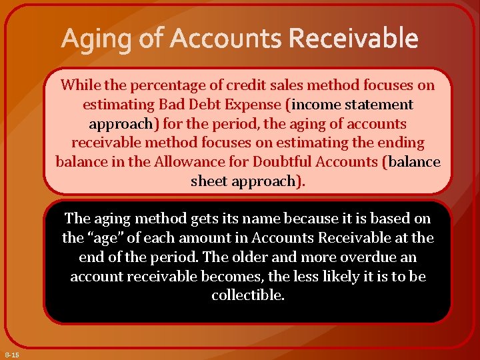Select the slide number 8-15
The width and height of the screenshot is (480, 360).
(x=12, y=355)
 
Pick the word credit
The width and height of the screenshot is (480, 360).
(x=245, y=85)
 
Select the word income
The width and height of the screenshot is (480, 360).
(x=316, y=105)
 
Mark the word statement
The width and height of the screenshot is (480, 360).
(x=379, y=105)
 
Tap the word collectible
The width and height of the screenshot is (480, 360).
(x=247, y=295)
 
